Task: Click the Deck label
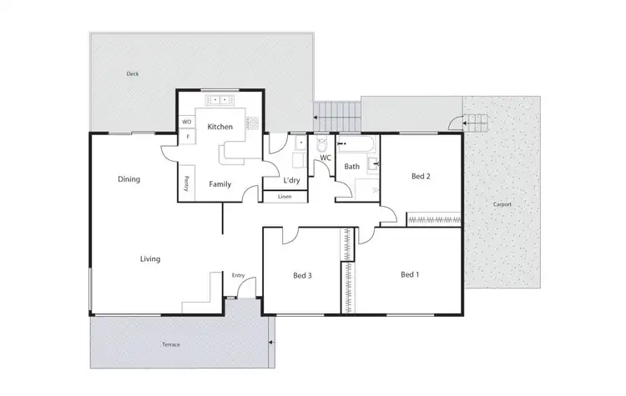[133, 73]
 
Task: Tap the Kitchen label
[220, 127]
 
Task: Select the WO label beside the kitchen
[186, 122]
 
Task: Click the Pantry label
[187, 183]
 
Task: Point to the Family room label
[220, 184]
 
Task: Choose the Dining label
[129, 178]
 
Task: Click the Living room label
[150, 259]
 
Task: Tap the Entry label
[238, 275]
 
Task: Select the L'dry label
[291, 180]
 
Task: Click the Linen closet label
[285, 197]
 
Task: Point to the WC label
[326, 156]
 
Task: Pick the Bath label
[352, 167]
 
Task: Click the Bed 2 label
[421, 176]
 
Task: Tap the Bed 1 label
[409, 274]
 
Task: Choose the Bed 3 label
[301, 276]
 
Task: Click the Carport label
[502, 204]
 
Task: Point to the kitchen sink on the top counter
[222, 100]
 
